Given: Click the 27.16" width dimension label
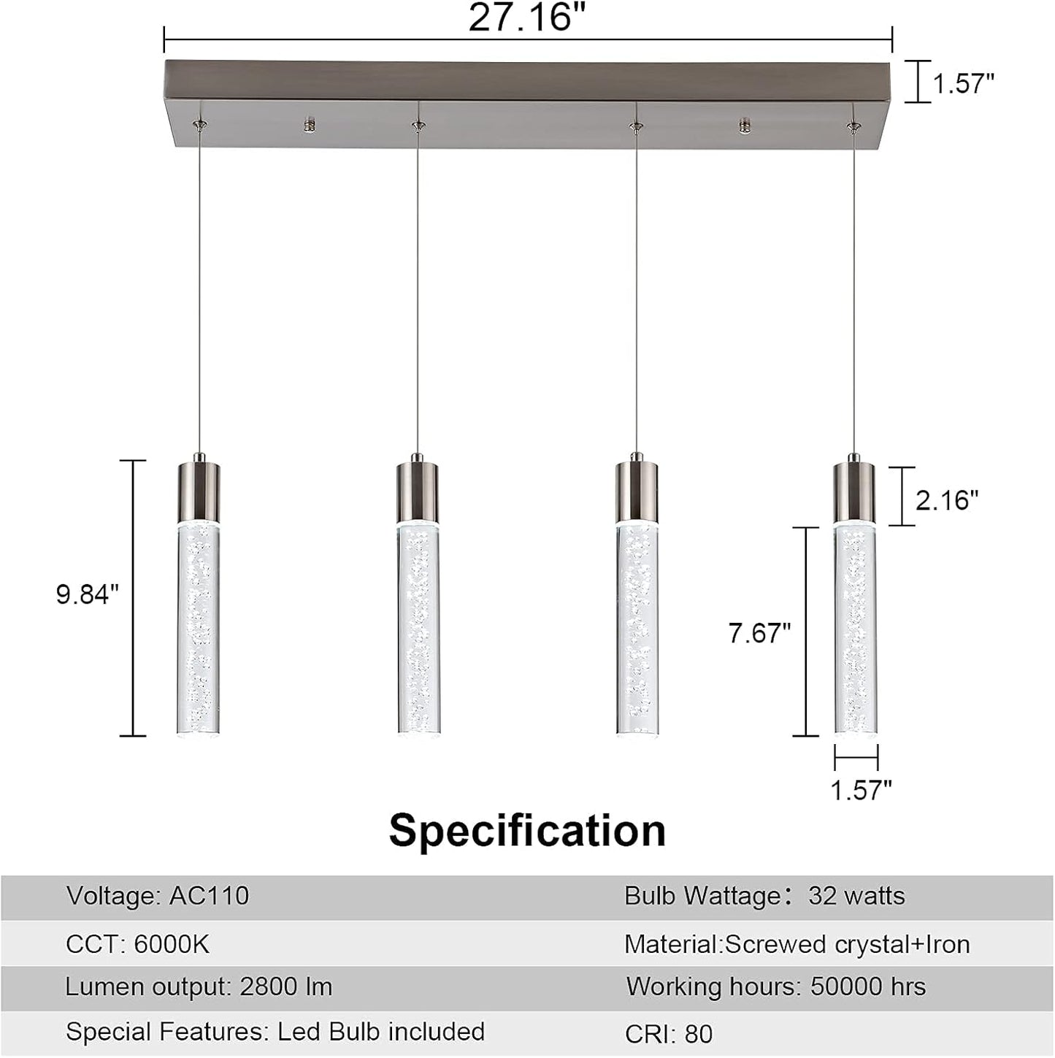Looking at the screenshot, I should (x=527, y=18).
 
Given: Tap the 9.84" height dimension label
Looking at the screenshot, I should (x=87, y=595).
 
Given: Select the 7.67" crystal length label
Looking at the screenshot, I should (x=759, y=633).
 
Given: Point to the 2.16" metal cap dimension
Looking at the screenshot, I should (x=947, y=500).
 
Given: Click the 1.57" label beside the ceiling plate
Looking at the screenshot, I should (x=963, y=84).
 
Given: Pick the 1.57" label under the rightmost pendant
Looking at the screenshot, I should (x=862, y=789).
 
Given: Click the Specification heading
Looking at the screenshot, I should (x=527, y=830).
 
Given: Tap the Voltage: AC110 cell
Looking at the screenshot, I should (x=158, y=896).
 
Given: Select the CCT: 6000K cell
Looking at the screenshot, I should (x=137, y=944).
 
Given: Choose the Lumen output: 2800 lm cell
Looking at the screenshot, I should (x=199, y=987).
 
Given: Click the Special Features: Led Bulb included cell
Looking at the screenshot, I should (x=275, y=1032).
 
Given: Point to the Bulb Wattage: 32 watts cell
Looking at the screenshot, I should (x=764, y=896).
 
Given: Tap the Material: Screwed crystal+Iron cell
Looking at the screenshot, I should (x=797, y=944).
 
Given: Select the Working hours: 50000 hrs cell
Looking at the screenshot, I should (x=776, y=987).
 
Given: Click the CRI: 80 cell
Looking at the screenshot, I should (x=669, y=1034).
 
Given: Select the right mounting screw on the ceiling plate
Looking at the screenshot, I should (x=745, y=125).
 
